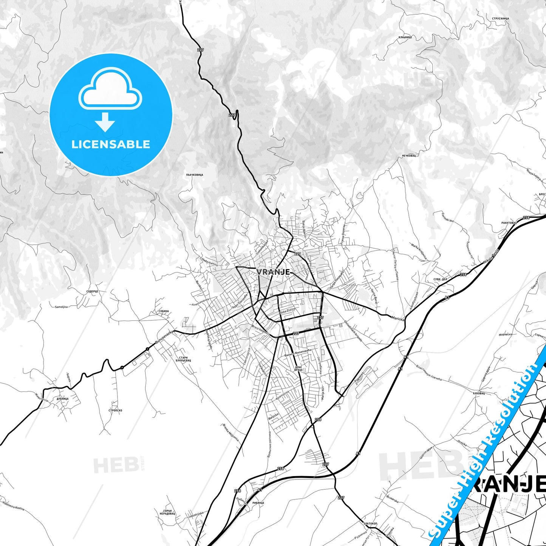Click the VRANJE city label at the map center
click(x=273, y=272)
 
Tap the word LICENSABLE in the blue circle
click(x=111, y=144)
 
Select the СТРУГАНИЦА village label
click(x=501, y=19)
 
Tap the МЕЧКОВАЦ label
click(x=408, y=156)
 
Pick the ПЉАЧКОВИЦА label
click(x=195, y=175)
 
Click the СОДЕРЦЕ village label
click(x=92, y=291)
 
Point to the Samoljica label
click(x=61, y=307)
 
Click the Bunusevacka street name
click(x=164, y=337)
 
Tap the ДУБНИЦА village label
click(x=62, y=399)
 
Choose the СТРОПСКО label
click(x=115, y=410)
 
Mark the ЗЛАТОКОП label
click(x=370, y=523)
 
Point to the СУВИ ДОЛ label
click(x=440, y=280)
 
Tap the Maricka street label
click(x=398, y=319)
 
